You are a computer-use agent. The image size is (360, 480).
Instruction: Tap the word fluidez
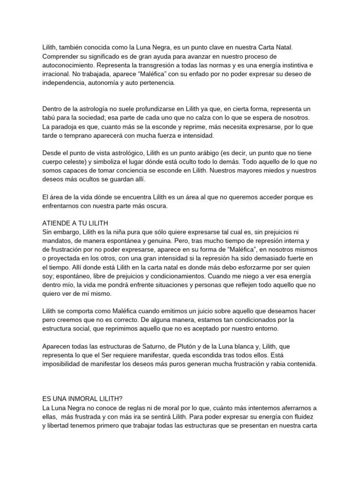point(306,416)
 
